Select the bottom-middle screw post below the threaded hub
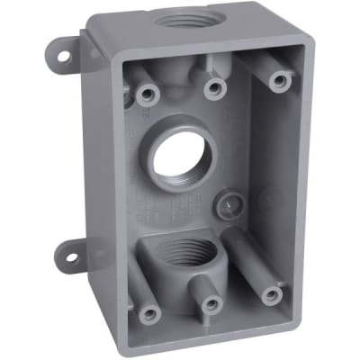[x=210, y=304]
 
